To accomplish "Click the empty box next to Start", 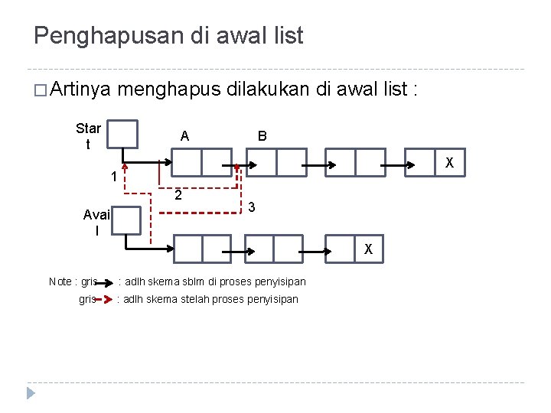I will point(122,134).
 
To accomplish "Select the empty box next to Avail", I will point(126,220).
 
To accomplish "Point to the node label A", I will point(184,136).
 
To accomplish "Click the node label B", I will point(262,136).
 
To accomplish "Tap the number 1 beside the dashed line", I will point(112,177).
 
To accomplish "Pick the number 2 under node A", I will point(178,195).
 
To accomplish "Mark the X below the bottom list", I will point(368,249).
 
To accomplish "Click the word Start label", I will point(88,135).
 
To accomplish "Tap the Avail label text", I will point(97,222).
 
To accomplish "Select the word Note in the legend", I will point(61,281).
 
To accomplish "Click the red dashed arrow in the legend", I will point(105,299).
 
